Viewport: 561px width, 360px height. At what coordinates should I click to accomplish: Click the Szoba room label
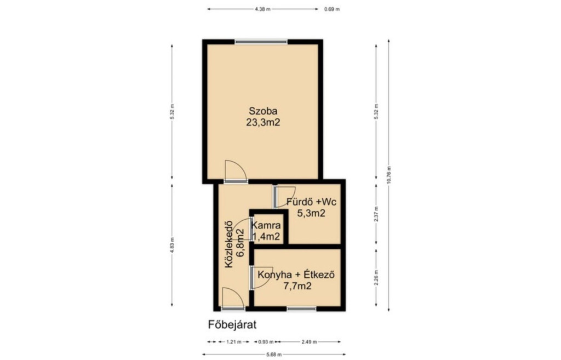pyautogui.click(x=263, y=111)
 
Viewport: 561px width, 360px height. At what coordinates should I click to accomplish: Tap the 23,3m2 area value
pyautogui.click(x=263, y=122)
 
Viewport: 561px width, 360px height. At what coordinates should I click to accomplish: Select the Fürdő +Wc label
pyautogui.click(x=311, y=202)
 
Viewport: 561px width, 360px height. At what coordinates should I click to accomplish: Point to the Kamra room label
pyautogui.click(x=266, y=226)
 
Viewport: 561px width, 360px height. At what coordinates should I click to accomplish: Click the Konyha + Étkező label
pyautogui.click(x=296, y=275)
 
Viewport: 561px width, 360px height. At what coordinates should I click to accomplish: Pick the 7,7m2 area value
pyautogui.click(x=297, y=286)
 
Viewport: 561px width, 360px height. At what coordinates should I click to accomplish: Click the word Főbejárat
pyautogui.click(x=232, y=325)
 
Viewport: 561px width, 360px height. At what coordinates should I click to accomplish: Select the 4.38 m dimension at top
pyautogui.click(x=262, y=9)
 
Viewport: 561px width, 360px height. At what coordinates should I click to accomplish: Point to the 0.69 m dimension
pyautogui.click(x=331, y=9)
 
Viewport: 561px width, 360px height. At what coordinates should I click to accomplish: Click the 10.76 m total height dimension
pyautogui.click(x=389, y=175)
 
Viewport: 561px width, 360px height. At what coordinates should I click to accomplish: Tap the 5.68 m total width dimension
pyautogui.click(x=274, y=355)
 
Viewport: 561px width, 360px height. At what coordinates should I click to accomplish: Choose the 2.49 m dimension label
pyautogui.click(x=309, y=342)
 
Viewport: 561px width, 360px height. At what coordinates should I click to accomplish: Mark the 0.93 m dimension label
pyautogui.click(x=266, y=342)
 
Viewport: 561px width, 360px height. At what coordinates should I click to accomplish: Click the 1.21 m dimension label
pyautogui.click(x=234, y=342)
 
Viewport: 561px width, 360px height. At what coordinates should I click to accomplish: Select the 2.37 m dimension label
pyautogui.click(x=376, y=214)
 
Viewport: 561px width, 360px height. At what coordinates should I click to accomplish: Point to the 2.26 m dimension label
pyautogui.click(x=376, y=278)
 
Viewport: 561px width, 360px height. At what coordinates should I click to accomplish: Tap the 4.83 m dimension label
pyautogui.click(x=172, y=245)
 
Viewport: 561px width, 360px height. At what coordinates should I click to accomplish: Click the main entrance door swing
pyautogui.click(x=232, y=298)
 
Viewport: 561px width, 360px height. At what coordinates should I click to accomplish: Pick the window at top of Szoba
pyautogui.click(x=261, y=42)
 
